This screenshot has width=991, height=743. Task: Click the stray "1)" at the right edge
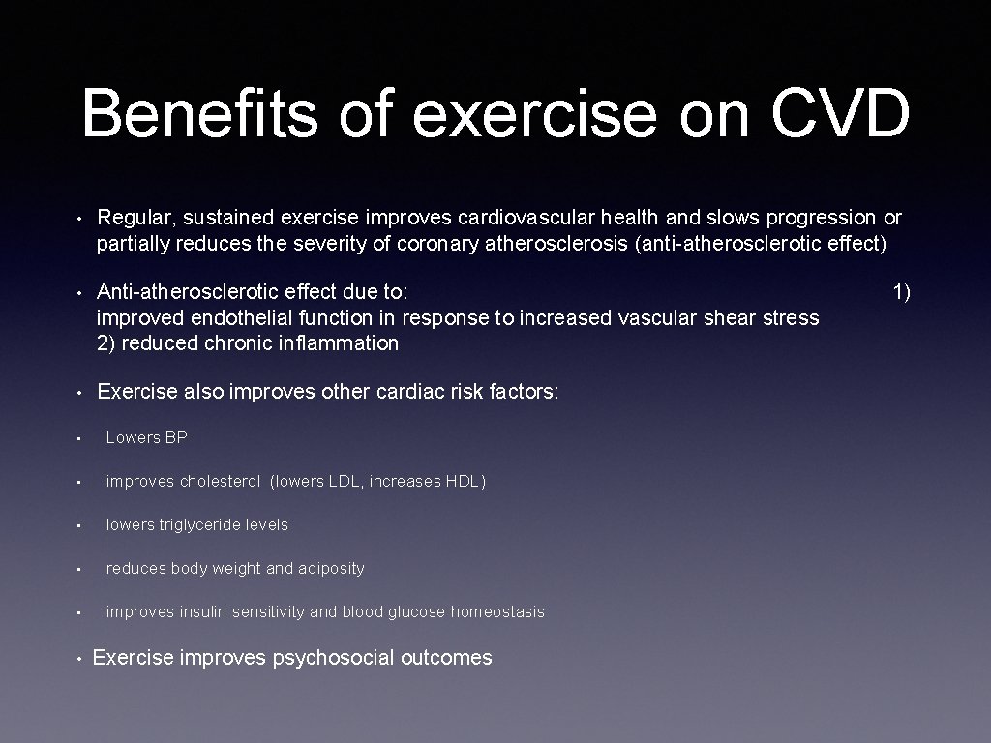(901, 291)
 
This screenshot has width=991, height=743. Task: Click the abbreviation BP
(175, 438)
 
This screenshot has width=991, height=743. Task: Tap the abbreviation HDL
(465, 482)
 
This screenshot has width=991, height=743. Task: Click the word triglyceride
(200, 525)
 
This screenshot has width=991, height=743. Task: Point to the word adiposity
(331, 569)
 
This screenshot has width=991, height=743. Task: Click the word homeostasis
(497, 612)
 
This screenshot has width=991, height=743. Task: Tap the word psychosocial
(333, 659)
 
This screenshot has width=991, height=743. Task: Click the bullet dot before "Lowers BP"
(84, 438)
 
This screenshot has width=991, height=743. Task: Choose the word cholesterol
(221, 482)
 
